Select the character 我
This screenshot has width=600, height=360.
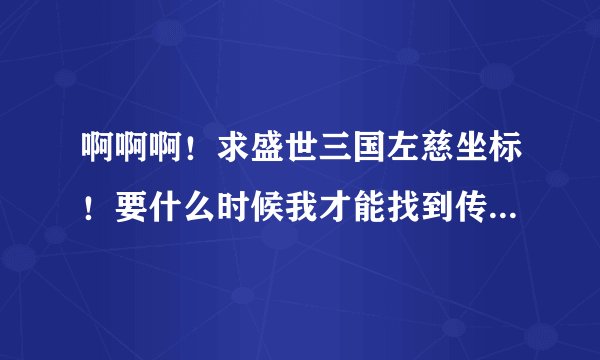309,207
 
